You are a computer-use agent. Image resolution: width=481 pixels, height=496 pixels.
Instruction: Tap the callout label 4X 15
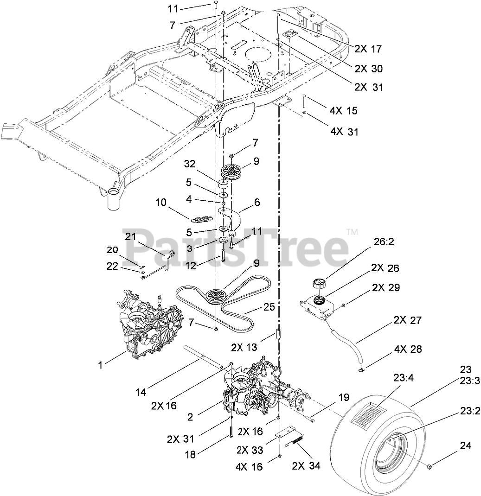coord(343,111)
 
